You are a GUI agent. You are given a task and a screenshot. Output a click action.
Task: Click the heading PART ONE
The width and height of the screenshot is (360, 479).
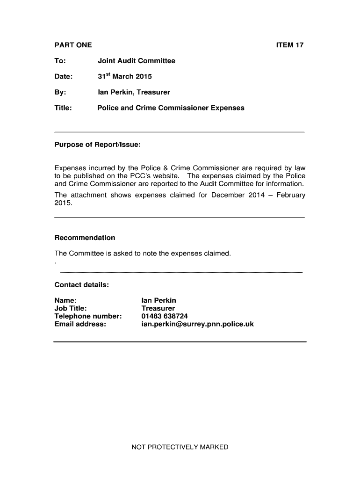click(73, 45)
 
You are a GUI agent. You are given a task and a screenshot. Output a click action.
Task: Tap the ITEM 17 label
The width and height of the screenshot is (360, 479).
click(290, 45)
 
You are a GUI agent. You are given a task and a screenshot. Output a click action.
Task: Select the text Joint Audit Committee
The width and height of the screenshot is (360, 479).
click(137, 61)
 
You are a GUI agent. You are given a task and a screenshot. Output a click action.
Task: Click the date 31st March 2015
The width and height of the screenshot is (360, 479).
click(125, 76)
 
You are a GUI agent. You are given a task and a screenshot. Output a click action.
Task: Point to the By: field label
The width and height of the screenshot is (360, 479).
click(60, 92)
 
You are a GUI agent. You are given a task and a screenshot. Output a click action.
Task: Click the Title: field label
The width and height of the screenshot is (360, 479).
click(63, 108)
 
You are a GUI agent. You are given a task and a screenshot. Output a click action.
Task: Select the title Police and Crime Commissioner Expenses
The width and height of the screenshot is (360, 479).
click(171, 108)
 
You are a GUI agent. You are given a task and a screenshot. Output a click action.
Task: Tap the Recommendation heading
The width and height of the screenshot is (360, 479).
click(85, 238)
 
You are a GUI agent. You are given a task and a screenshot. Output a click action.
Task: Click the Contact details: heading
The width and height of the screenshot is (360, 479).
click(82, 285)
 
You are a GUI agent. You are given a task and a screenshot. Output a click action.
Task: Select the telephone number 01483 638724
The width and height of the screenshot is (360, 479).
click(165, 316)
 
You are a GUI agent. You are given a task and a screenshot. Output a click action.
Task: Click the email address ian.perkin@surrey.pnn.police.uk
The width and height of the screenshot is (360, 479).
click(197, 324)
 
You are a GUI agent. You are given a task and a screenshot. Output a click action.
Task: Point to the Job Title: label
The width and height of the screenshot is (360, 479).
click(71, 308)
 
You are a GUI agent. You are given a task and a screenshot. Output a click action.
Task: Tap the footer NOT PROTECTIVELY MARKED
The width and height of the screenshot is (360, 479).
click(180, 447)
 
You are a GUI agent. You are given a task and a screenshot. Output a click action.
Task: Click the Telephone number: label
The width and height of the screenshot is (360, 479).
click(88, 316)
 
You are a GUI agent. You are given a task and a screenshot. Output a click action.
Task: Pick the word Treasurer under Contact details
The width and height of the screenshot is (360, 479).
click(158, 308)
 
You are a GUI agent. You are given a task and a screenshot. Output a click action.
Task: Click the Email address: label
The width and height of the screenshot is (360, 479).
click(80, 324)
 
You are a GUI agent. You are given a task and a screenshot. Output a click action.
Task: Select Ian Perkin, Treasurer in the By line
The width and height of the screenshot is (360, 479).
click(134, 92)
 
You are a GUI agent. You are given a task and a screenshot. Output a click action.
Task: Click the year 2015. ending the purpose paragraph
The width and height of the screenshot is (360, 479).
click(63, 203)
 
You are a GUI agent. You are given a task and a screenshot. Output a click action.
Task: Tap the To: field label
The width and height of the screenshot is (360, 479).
click(60, 61)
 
